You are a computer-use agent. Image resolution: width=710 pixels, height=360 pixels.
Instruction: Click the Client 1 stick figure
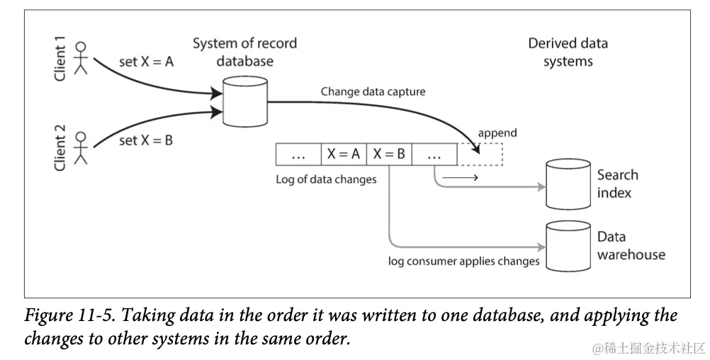pyautogui.click(x=81, y=57)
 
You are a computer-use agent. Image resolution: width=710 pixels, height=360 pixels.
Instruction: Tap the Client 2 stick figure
pyautogui.click(x=81, y=147)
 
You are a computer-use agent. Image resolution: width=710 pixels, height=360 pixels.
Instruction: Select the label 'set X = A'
pyautogui.click(x=146, y=62)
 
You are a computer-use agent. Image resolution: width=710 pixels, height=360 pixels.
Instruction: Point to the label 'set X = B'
pyautogui.click(x=146, y=140)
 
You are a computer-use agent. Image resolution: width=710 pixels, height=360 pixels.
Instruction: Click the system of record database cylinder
pyautogui.click(x=245, y=101)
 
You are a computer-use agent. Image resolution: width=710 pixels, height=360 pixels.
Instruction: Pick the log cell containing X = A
pyautogui.click(x=344, y=154)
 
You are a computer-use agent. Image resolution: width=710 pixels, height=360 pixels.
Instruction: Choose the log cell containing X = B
pyautogui.click(x=389, y=154)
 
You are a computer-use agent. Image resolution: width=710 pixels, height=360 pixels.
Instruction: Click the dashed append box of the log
pyautogui.click(x=480, y=154)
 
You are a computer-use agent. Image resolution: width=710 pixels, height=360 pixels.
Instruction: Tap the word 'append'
pyautogui.click(x=497, y=133)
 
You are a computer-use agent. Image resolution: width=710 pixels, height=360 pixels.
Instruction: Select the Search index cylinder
pyautogui.click(x=568, y=184)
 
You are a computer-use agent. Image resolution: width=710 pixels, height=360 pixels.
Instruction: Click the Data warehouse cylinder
pyautogui.click(x=568, y=246)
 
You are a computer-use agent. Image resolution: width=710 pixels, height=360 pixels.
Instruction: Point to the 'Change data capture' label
pyautogui.click(x=373, y=91)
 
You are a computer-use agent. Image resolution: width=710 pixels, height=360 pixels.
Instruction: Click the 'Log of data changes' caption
pyautogui.click(x=326, y=179)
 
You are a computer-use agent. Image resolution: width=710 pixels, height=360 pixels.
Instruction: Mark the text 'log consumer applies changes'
pyautogui.click(x=463, y=261)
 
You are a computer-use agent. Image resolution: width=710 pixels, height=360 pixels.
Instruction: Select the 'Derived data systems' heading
pyautogui.click(x=568, y=52)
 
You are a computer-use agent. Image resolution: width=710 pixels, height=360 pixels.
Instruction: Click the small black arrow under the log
pyautogui.click(x=460, y=177)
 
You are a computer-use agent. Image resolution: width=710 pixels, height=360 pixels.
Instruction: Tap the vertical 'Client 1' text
pyautogui.click(x=60, y=59)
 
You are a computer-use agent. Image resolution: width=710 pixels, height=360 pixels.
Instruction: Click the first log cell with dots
pyautogui.click(x=298, y=154)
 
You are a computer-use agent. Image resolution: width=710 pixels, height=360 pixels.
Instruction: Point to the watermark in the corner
pyautogui.click(x=648, y=348)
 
